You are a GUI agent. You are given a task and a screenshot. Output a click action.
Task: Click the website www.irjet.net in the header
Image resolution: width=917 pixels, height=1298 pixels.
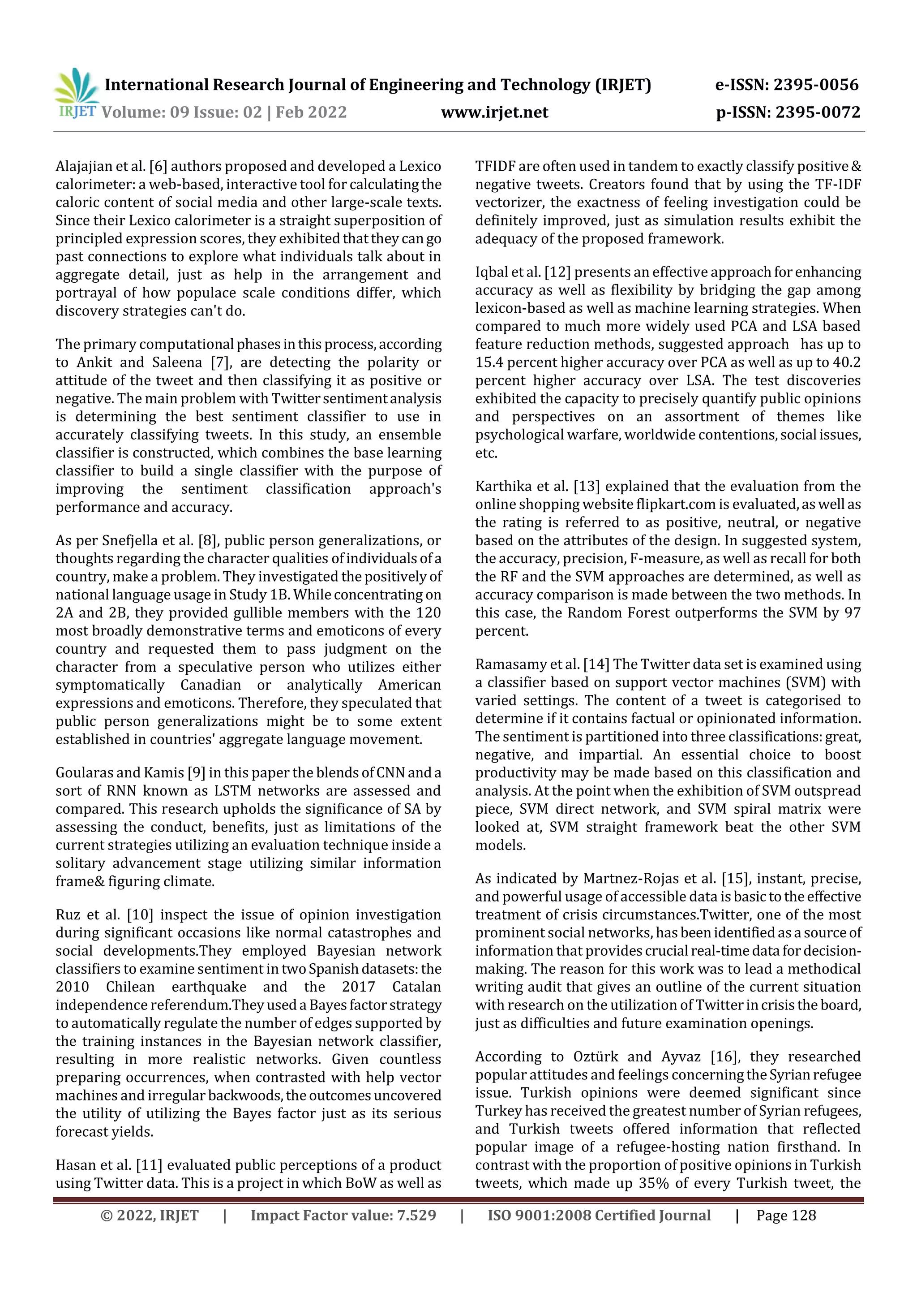pyautogui.click(x=494, y=112)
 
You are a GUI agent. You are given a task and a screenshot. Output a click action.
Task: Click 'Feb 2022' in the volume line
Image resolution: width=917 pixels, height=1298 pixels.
pyautogui.click(x=311, y=112)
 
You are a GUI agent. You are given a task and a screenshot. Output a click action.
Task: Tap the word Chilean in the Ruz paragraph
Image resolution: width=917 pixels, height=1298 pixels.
pyautogui.click(x=130, y=987)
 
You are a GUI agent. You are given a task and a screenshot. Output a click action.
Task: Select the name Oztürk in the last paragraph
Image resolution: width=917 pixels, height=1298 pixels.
pyautogui.click(x=597, y=1057)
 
